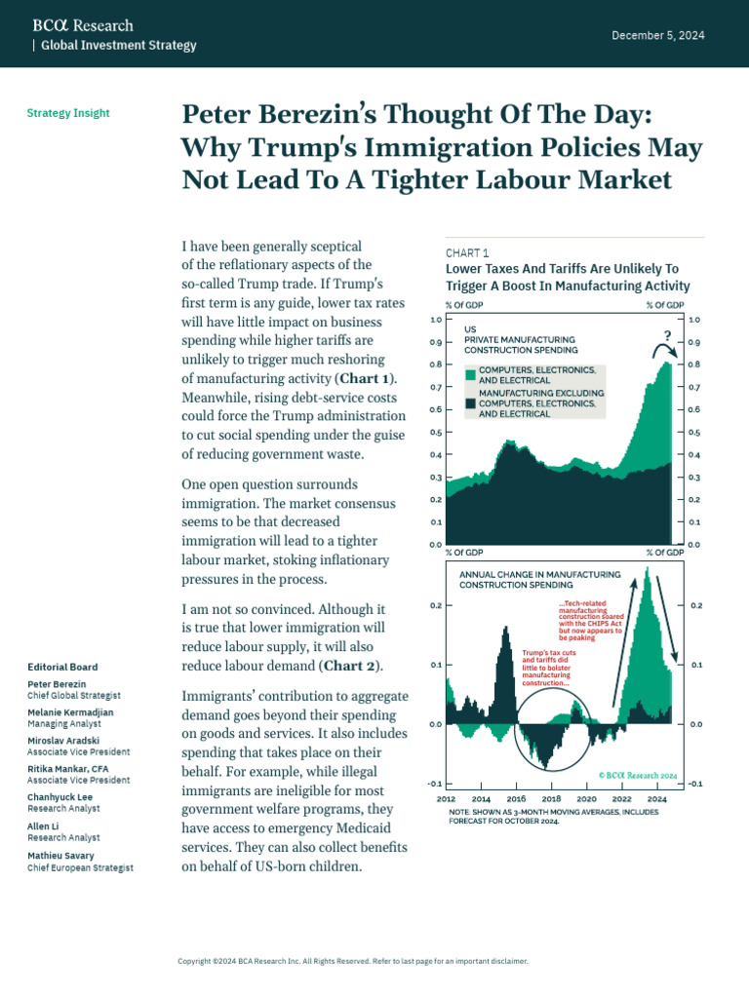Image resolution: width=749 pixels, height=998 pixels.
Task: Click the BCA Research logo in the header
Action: (x=83, y=25)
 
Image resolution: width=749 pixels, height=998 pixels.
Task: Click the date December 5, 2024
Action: (x=657, y=35)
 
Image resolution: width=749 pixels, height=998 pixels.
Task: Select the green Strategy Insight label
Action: (x=68, y=113)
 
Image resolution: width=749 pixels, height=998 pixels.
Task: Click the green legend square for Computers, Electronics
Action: (x=470, y=375)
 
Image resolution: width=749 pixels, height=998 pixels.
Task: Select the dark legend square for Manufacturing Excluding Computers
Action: (x=470, y=403)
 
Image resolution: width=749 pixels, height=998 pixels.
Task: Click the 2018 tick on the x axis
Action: (x=550, y=797)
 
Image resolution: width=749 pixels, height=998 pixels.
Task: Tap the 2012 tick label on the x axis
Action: (x=446, y=797)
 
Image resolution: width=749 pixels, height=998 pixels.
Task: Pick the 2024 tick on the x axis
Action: (x=656, y=797)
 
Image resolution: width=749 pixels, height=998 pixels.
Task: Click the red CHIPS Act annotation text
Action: (x=591, y=621)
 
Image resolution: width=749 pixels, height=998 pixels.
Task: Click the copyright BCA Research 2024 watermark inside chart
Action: (x=637, y=775)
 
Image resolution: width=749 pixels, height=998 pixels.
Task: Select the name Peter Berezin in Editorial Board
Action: (x=56, y=684)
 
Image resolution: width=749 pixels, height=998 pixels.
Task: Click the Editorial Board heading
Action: (x=62, y=667)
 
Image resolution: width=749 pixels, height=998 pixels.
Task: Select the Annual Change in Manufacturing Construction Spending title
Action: (x=539, y=581)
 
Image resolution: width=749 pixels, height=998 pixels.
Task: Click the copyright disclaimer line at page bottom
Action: (x=352, y=961)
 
